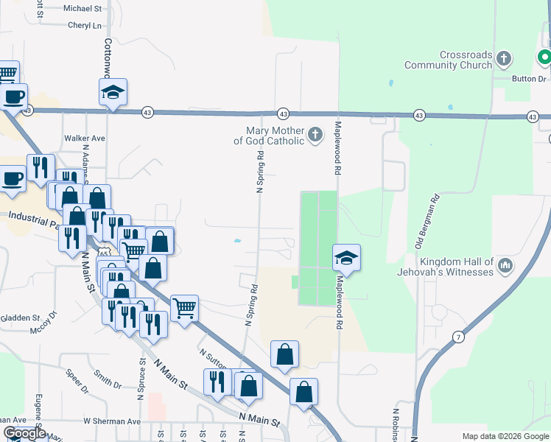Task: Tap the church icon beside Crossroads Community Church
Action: [x=504, y=57]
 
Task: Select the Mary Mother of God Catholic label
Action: [x=269, y=136]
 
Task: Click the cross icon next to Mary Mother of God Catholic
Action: [x=315, y=135]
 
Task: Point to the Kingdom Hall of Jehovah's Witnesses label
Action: [x=456, y=267]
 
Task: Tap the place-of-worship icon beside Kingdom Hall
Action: [x=505, y=264]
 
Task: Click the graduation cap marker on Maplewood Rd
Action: [x=345, y=258]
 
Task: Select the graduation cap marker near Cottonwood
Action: [x=113, y=92]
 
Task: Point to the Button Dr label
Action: [x=530, y=77]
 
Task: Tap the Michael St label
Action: [x=83, y=9]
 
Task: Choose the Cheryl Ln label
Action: [x=84, y=25]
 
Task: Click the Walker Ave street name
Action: [x=85, y=138]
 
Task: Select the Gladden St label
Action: [x=20, y=318]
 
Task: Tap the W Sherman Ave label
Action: [x=111, y=421]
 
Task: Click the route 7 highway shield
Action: [x=459, y=337]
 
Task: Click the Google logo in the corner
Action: [x=24, y=433]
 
